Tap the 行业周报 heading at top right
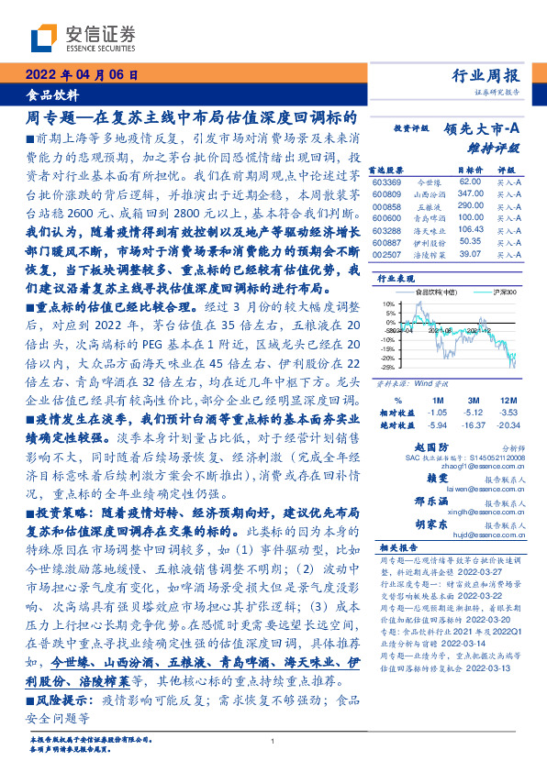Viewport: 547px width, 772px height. (487, 76)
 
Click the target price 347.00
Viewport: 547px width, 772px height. (471, 195)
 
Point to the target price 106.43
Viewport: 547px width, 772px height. (471, 230)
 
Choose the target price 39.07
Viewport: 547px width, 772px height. (471, 254)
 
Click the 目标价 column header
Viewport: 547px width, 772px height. (470, 171)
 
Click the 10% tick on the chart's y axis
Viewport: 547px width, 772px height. (389, 303)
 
